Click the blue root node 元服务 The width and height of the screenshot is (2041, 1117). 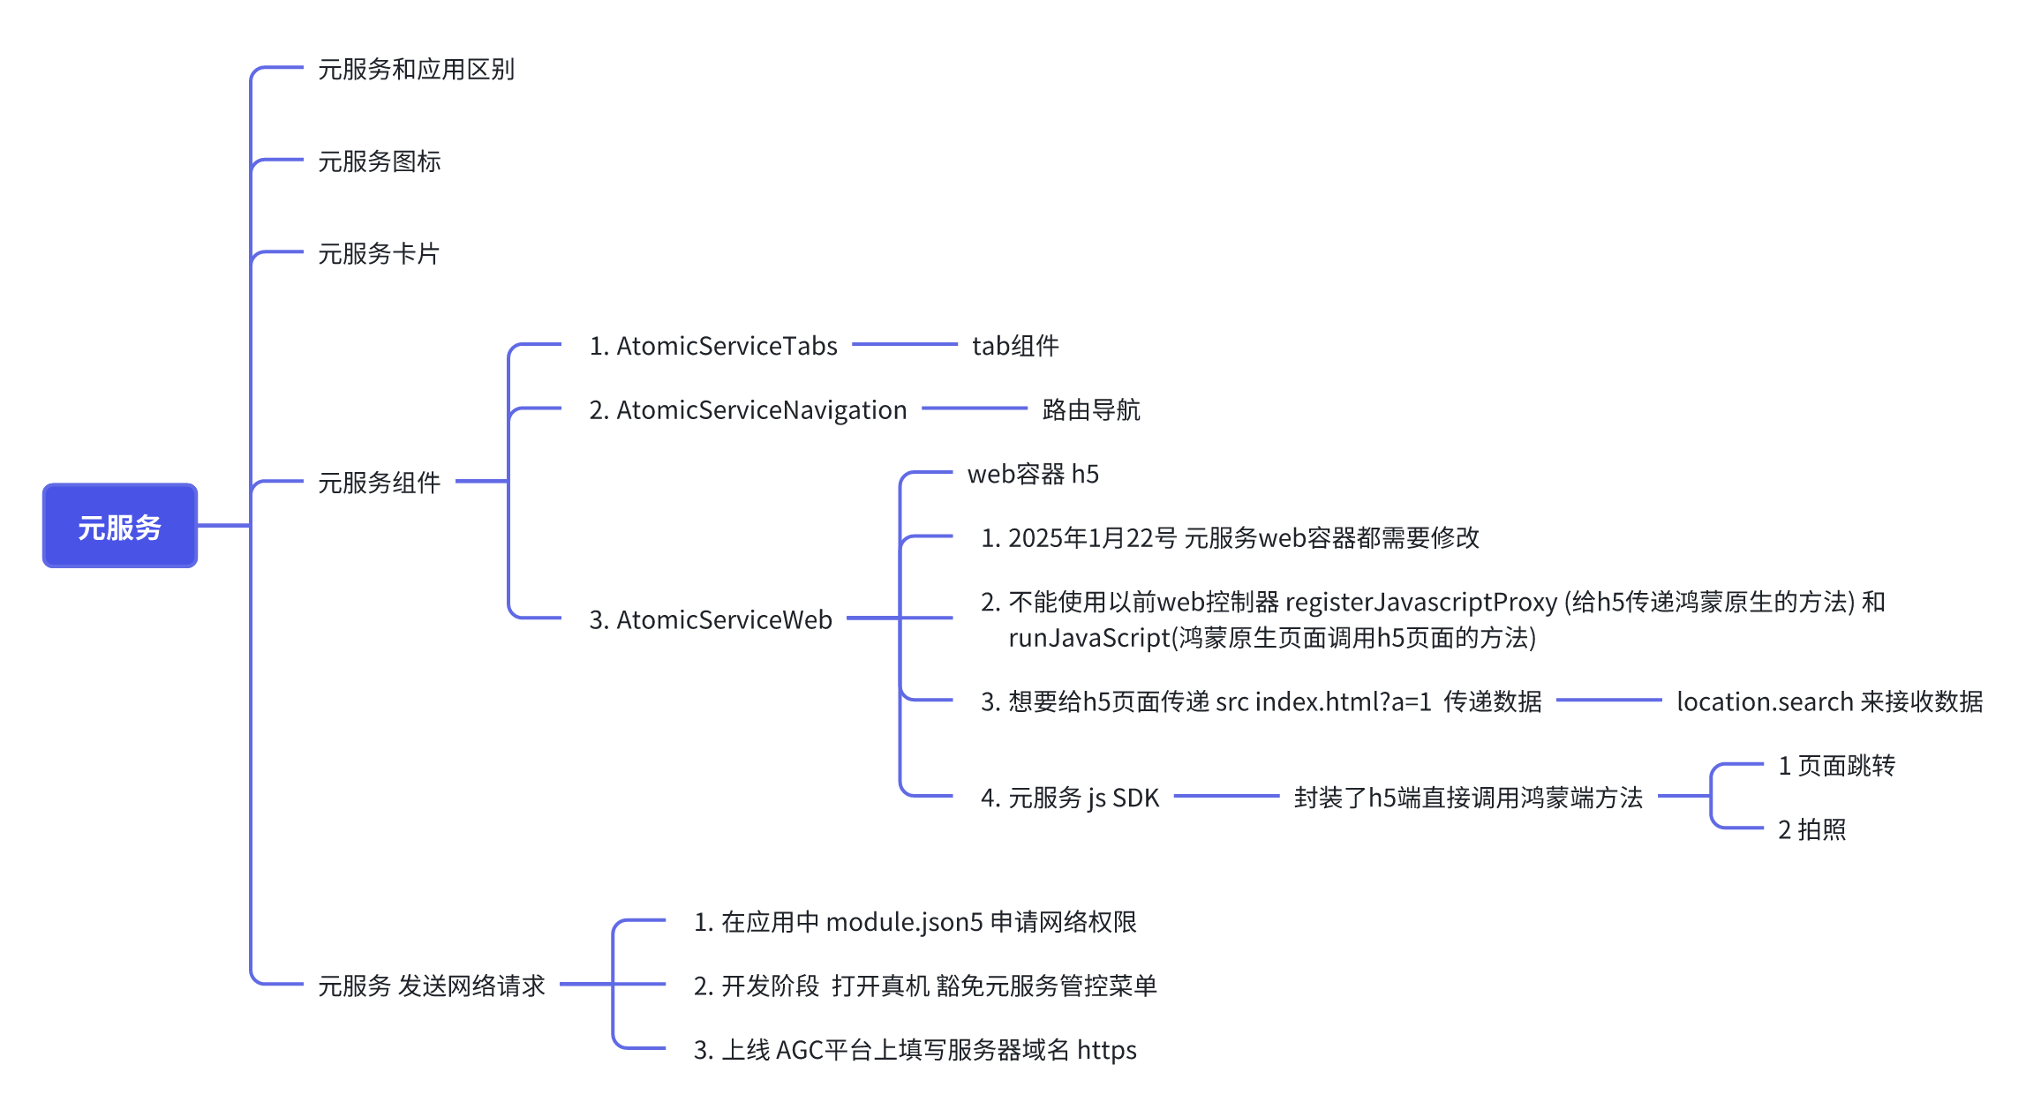[x=120, y=527]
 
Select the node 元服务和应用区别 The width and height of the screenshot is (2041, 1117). [x=416, y=69]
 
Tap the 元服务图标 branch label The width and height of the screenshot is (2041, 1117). [x=379, y=161]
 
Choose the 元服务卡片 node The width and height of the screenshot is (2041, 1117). [x=379, y=254]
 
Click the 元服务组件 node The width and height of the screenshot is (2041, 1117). [x=379, y=483]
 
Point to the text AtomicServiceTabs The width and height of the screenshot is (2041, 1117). [x=727, y=346]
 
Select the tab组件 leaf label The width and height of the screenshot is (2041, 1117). [x=1015, y=346]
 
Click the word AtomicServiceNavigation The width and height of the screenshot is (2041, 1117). [x=761, y=410]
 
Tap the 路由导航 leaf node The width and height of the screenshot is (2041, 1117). [x=1091, y=410]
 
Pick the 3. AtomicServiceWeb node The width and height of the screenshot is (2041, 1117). [x=711, y=620]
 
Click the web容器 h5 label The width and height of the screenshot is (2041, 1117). [x=1033, y=475]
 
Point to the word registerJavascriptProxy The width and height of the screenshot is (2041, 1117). [x=1421, y=603]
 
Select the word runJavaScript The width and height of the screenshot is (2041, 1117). [x=1088, y=638]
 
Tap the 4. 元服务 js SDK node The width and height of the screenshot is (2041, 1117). [x=1070, y=798]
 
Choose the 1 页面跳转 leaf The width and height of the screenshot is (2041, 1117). [x=1836, y=766]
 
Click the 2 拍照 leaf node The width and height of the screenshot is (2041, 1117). [x=1811, y=830]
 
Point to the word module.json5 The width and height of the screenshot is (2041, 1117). [x=904, y=923]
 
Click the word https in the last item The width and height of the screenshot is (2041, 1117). [x=1106, y=1051]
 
